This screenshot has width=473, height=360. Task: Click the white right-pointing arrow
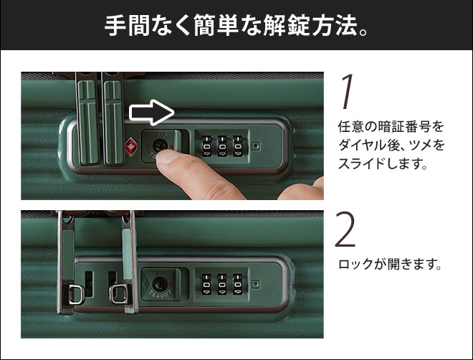152,113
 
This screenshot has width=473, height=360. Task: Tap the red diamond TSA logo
130,146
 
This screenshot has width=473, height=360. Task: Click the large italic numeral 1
347,92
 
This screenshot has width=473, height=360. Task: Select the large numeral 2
345,229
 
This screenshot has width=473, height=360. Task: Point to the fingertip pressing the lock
168,157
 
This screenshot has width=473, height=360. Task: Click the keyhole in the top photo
158,146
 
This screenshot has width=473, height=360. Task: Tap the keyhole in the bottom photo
158,284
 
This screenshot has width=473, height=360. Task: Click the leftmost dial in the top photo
206,147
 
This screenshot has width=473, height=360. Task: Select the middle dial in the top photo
222,147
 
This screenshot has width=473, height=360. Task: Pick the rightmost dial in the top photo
238,147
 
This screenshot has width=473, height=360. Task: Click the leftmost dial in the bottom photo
206,285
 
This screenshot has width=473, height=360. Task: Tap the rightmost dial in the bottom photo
238,285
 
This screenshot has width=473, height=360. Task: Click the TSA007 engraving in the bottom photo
161,294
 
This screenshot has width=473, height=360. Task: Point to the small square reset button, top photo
256,146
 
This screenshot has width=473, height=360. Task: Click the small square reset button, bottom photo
256,284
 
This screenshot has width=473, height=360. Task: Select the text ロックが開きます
387,265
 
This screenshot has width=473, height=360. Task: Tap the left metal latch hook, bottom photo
75,294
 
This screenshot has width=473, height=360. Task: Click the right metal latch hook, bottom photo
118,293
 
